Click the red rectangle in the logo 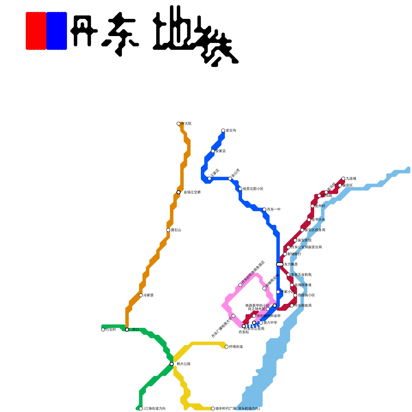tap(36, 31)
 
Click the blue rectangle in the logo tap(57, 31)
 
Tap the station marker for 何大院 tap(178, 124)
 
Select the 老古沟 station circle tap(223, 131)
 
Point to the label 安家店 tap(220, 151)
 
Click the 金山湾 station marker tap(230, 178)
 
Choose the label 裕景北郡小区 tap(253, 189)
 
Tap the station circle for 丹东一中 tap(264, 209)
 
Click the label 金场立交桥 tap(192, 192)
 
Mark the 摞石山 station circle tap(168, 230)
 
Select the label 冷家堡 tap(148, 295)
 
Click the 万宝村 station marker tap(103, 330)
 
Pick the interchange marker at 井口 tap(127, 330)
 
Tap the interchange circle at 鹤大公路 tap(172, 364)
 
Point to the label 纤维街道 tap(236, 347)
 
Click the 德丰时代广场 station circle tap(213, 409)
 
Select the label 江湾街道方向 tap(154, 409)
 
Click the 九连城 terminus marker tap(343, 178)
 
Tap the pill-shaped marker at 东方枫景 tap(280, 264)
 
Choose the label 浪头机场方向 tap(249, 409)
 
